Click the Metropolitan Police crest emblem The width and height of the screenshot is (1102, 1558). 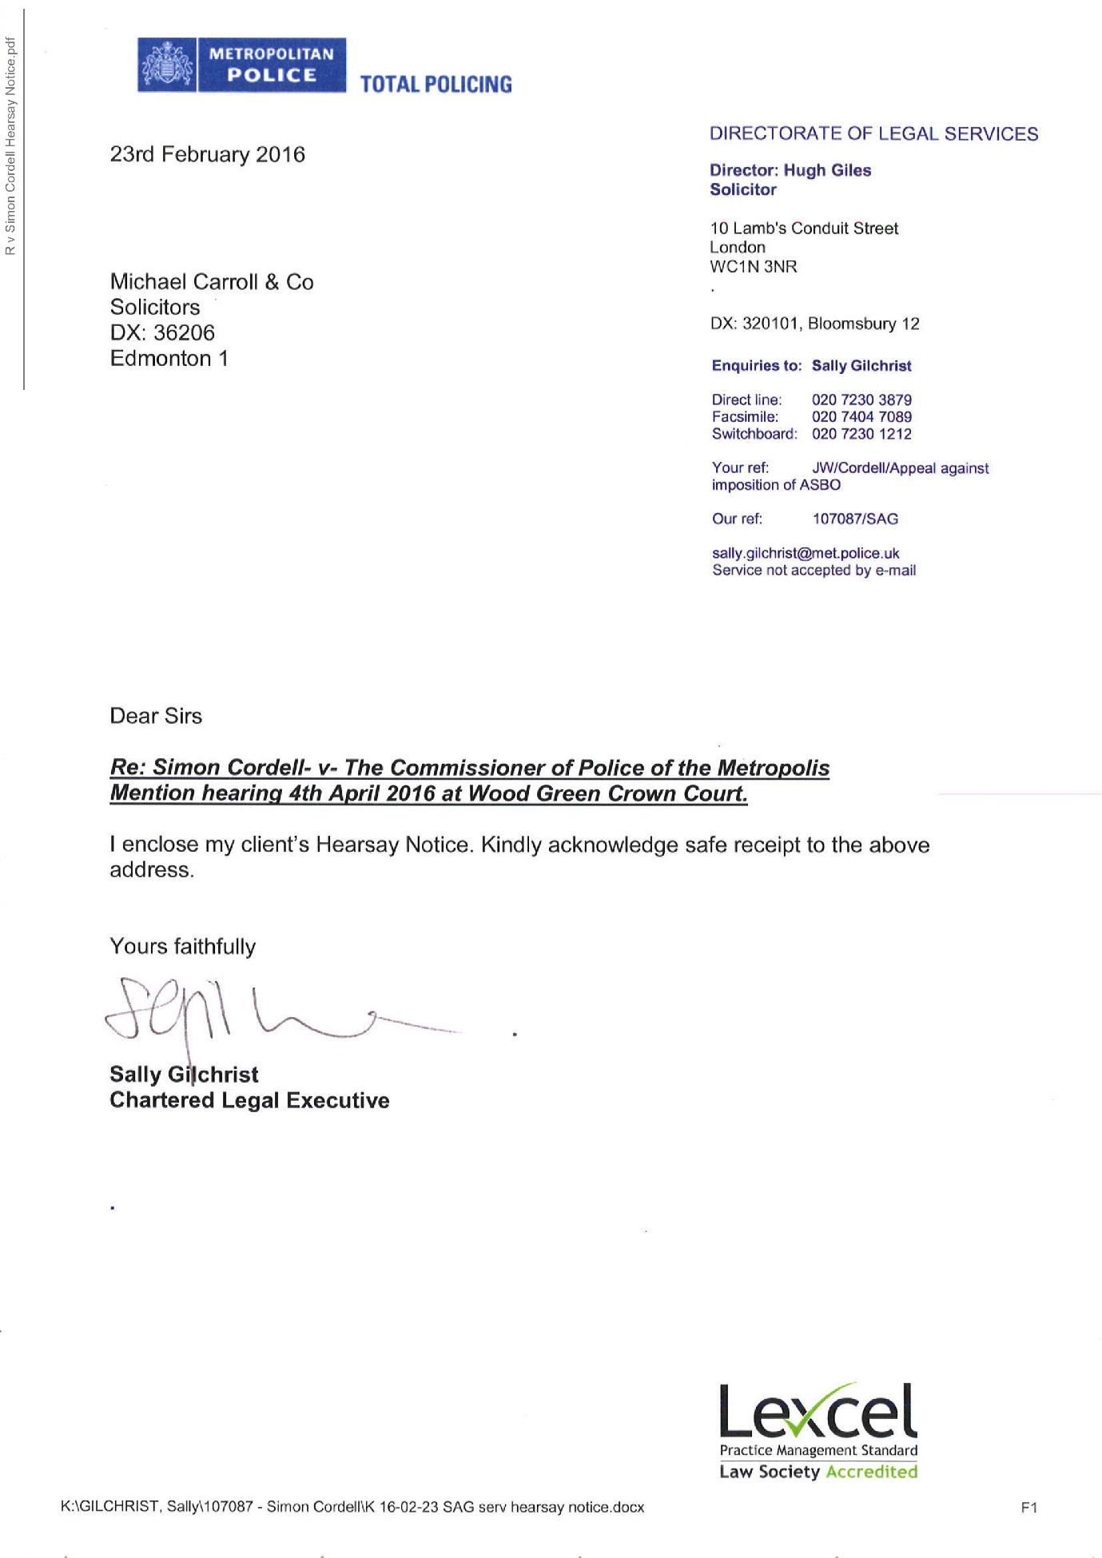click(x=167, y=66)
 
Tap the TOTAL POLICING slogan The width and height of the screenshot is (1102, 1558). click(x=436, y=85)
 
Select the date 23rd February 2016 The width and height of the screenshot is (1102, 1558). click(x=207, y=154)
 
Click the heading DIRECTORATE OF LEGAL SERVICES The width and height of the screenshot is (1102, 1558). click(x=873, y=133)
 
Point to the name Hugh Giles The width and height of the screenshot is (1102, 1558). click(x=827, y=170)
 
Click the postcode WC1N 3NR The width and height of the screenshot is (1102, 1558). click(x=753, y=267)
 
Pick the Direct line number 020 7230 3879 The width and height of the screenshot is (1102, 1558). click(x=861, y=399)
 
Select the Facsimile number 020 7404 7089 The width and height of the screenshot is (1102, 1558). click(x=861, y=416)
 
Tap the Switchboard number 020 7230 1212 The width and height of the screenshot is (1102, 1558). click(x=861, y=434)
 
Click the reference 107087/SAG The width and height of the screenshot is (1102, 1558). click(x=855, y=519)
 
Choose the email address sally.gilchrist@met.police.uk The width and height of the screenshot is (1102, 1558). click(x=806, y=553)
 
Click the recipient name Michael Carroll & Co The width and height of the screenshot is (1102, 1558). click(x=212, y=282)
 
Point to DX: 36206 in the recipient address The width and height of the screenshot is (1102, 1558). click(x=162, y=332)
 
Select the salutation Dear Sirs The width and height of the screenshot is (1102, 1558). click(x=156, y=716)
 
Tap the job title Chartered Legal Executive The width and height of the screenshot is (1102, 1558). click(x=249, y=1100)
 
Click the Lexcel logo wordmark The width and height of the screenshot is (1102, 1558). click(x=818, y=1410)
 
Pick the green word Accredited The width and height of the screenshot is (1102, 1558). click(x=871, y=1472)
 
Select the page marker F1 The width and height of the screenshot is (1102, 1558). click(x=1028, y=1508)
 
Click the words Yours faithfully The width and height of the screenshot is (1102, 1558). click(x=183, y=947)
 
